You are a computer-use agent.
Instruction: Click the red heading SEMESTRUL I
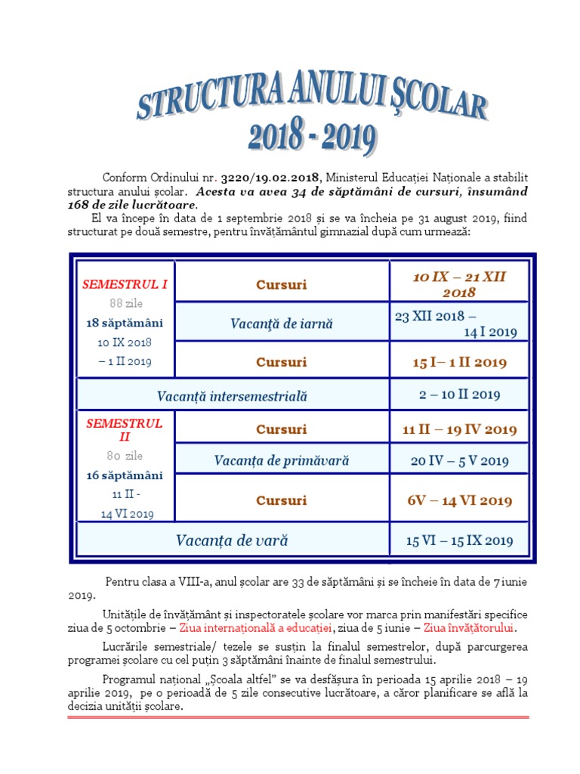(125, 284)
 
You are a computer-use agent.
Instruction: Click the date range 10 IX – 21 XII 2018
(459, 284)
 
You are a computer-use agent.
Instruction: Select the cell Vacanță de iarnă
(281, 324)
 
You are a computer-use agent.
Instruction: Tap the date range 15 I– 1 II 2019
(459, 362)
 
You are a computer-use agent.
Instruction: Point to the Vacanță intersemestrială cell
(232, 395)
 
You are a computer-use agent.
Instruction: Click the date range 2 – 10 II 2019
(459, 395)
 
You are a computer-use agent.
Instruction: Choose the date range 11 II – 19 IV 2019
(459, 429)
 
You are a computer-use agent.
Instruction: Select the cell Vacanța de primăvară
(281, 460)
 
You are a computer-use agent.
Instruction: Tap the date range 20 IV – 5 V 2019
(459, 460)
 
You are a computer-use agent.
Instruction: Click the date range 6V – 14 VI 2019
(459, 500)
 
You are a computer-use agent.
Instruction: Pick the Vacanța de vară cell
(232, 540)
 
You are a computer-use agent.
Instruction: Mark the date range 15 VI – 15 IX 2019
(459, 540)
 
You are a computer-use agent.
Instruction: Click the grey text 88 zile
(125, 304)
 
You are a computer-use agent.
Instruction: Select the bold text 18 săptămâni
(125, 323)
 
